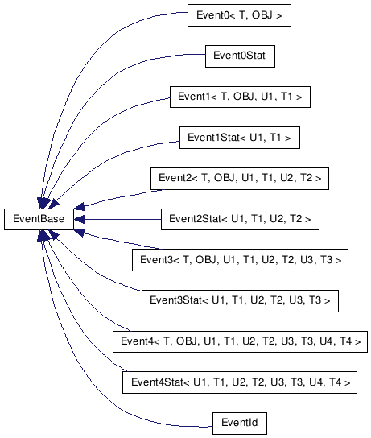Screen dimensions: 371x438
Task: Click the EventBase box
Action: pos(39,219)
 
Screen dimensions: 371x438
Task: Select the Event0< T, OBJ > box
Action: pos(239,15)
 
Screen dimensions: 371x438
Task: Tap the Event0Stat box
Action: pos(240,56)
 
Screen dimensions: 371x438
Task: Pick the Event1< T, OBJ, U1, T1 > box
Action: pos(240,97)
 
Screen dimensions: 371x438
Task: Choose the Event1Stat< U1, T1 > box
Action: pos(240,138)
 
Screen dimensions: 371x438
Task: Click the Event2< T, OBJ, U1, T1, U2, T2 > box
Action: pos(240,179)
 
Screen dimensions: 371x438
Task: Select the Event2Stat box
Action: pos(240,219)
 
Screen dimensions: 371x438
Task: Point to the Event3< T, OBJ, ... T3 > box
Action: pos(240,260)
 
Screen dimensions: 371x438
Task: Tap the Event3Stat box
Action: pos(240,301)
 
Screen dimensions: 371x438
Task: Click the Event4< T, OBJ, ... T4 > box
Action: pos(240,341)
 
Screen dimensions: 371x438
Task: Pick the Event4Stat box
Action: pos(240,382)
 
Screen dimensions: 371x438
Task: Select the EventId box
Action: pos(240,424)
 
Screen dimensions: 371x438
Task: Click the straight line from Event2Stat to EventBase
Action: pos(117,219)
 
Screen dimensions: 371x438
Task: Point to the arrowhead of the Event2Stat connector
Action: pos(80,219)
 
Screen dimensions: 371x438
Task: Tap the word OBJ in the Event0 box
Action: pos(262,15)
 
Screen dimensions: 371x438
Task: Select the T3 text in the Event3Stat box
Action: pos(315,301)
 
